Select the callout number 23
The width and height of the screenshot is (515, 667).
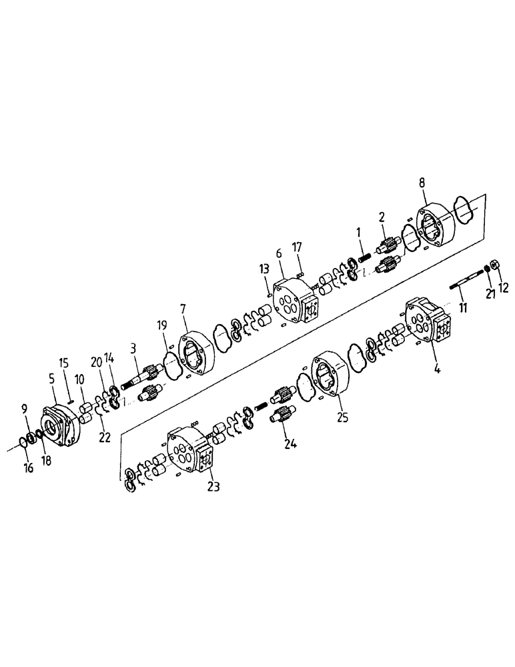(212, 486)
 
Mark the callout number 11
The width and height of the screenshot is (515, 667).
(461, 309)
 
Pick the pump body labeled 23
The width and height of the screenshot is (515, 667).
(190, 454)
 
